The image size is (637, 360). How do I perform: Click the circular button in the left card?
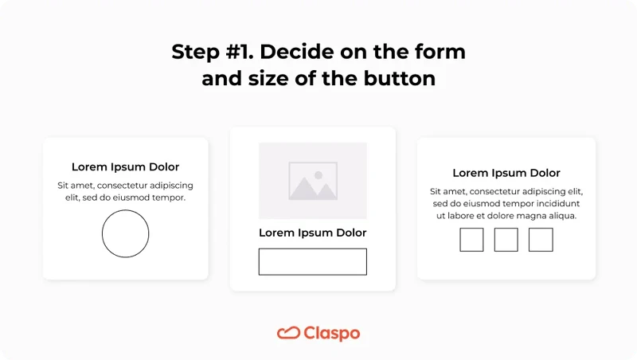point(126,234)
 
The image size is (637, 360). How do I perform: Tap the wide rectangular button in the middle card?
point(312,261)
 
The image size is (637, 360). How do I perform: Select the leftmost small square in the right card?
point(471,240)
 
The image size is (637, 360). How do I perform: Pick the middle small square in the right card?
point(506,240)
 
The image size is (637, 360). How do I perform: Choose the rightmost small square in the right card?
point(541,240)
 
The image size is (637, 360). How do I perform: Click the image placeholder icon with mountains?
point(313,181)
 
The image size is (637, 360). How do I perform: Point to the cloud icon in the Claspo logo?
point(288,333)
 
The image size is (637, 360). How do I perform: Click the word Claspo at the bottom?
point(331,334)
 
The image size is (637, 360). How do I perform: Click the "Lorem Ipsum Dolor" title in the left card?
point(126,167)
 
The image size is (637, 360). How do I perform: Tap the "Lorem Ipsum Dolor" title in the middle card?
point(313,233)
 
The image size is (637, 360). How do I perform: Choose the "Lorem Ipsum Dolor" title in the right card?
point(506,173)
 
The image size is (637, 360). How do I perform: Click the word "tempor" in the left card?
point(166,198)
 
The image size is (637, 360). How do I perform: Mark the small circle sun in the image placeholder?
point(318,174)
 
